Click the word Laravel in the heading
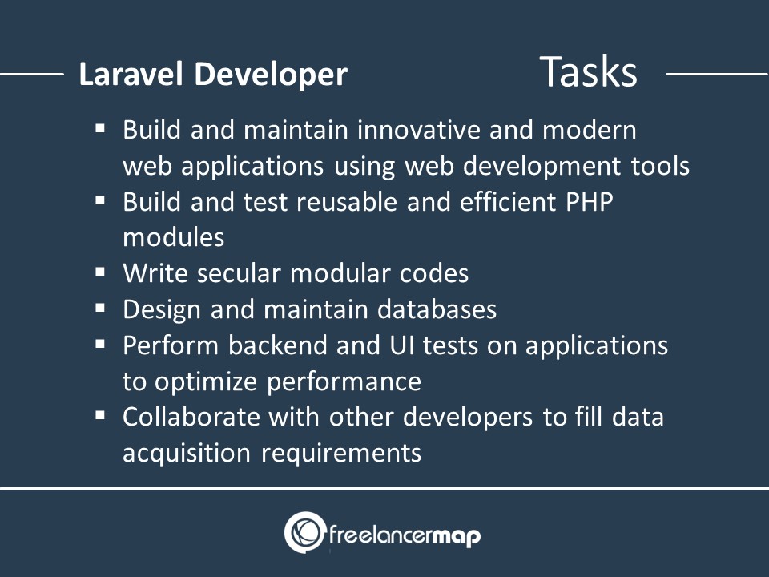[x=131, y=74]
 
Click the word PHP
[x=590, y=202]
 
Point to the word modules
[x=174, y=237]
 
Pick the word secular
[x=239, y=273]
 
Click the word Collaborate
[x=191, y=417]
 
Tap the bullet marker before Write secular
[x=101, y=272]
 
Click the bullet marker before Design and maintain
[x=101, y=308]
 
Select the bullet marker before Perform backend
[x=101, y=344]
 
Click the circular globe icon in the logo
[x=305, y=532]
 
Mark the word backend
[x=280, y=345]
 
